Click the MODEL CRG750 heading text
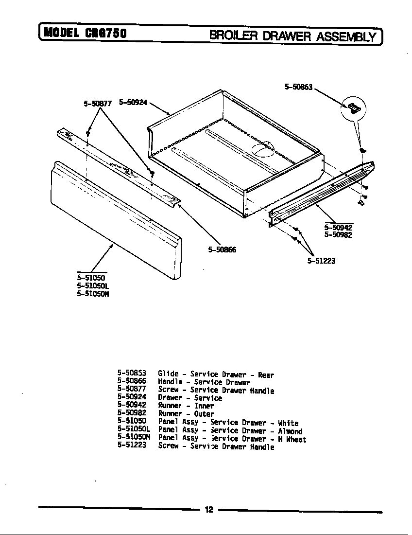[x=86, y=34]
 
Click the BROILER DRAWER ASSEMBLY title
[x=293, y=36]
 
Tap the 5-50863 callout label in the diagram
[x=298, y=88]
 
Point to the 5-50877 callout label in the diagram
[x=98, y=103]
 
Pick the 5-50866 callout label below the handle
[x=222, y=250]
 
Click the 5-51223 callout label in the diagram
[x=321, y=261]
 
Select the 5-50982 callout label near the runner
[x=338, y=235]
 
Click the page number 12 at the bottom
[x=208, y=510]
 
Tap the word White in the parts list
[x=288, y=423]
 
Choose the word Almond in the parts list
[x=290, y=431]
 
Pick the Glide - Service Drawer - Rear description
[x=216, y=374]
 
